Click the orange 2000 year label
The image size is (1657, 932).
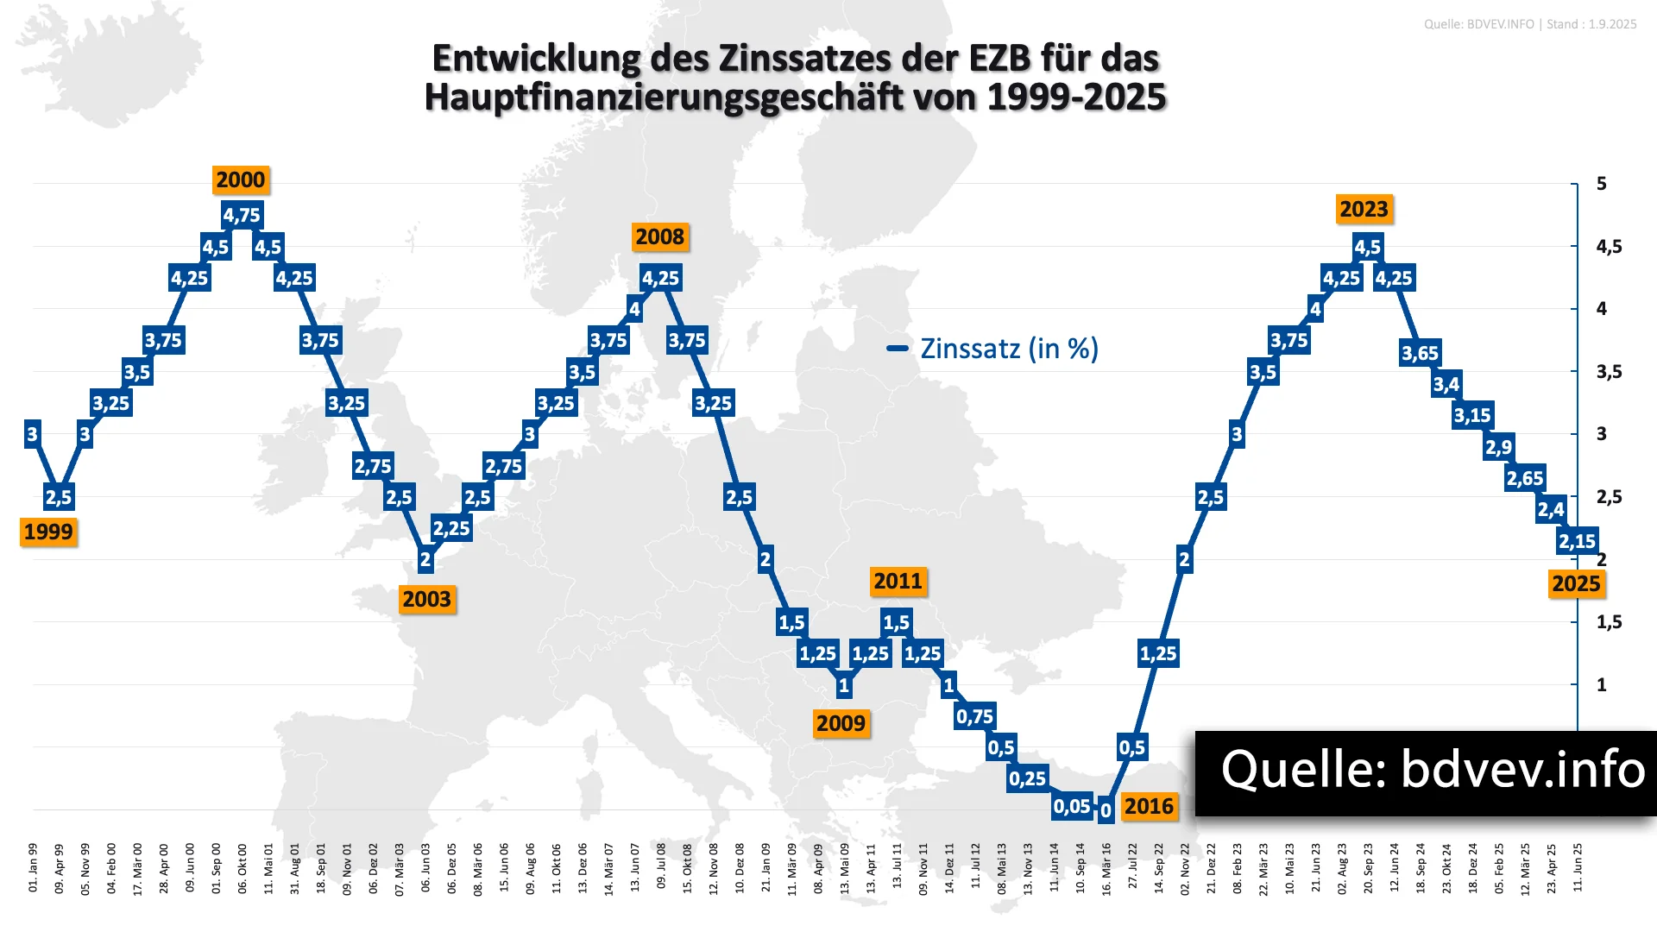[241, 179]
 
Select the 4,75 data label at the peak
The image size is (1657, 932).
[242, 215]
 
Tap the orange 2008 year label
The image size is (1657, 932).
[660, 236]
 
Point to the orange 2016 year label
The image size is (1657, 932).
[1149, 806]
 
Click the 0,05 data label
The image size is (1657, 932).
[1072, 806]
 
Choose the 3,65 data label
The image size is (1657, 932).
[1420, 352]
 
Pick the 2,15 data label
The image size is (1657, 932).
[1577, 541]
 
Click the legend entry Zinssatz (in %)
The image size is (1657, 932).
[1008, 349]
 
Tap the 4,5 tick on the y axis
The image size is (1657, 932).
[1609, 247]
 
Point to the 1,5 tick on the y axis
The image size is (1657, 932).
[1609, 622]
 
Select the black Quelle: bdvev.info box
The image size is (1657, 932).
[1426, 772]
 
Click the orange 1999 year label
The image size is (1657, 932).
[48, 532]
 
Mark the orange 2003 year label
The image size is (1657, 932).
[427, 599]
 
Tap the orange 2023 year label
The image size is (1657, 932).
[1364, 209]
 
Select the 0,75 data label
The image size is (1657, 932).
[974, 716]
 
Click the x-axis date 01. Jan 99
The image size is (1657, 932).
[33, 867]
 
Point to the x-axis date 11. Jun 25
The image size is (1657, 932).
[1578, 867]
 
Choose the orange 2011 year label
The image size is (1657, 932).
[898, 581]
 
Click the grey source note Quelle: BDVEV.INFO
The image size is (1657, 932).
[1478, 24]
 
